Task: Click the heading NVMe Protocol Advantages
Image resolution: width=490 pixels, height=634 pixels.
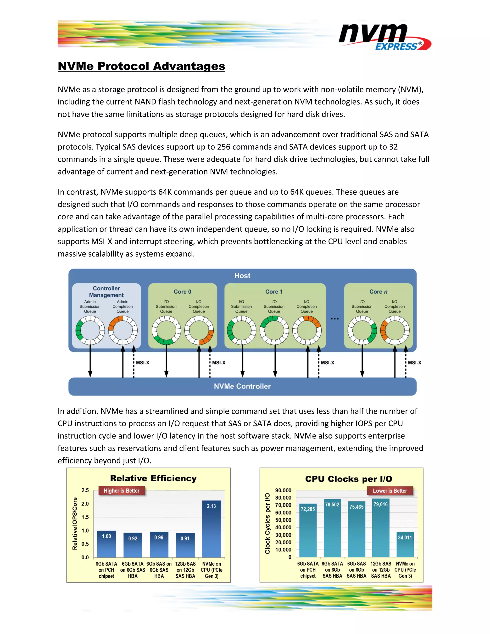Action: pyautogui.click(x=141, y=66)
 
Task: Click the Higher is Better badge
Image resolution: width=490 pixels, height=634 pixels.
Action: pyautogui.click(x=121, y=491)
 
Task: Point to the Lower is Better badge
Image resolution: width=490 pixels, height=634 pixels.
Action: pyautogui.click(x=390, y=491)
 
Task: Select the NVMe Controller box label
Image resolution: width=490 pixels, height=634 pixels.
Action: pyautogui.click(x=242, y=386)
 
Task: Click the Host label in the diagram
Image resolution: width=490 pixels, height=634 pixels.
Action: pyautogui.click(x=242, y=275)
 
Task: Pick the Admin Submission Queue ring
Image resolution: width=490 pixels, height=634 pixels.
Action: pyautogui.click(x=90, y=330)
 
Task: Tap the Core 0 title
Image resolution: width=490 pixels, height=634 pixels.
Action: pyautogui.click(x=182, y=291)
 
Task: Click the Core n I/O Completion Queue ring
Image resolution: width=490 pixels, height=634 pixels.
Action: pyautogui.click(x=395, y=330)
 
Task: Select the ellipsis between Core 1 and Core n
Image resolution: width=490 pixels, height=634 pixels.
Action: pyautogui.click(x=335, y=319)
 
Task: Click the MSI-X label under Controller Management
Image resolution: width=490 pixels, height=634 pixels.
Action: pyautogui.click(x=143, y=362)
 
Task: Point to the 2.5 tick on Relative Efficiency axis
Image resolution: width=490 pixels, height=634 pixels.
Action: pyautogui.click(x=85, y=490)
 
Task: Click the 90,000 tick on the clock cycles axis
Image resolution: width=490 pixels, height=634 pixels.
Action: pyautogui.click(x=283, y=490)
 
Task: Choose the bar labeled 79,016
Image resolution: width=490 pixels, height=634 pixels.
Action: pyautogui.click(x=381, y=528)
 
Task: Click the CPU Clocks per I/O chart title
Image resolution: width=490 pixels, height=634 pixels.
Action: pyautogui.click(x=348, y=479)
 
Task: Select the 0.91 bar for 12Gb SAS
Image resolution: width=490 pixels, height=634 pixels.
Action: pyautogui.click(x=185, y=545)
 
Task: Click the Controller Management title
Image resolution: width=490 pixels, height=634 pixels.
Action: pyautogui.click(x=106, y=291)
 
